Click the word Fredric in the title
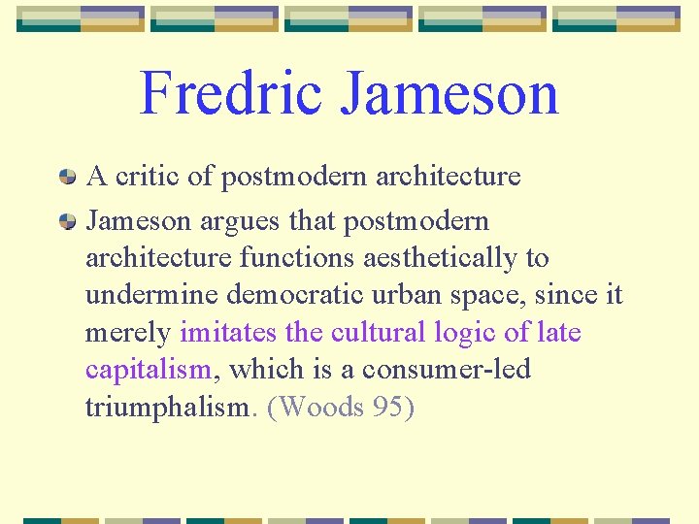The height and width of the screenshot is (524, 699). coord(230,93)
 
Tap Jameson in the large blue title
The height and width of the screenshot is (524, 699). coord(449,93)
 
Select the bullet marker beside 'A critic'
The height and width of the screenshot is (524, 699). coord(68,178)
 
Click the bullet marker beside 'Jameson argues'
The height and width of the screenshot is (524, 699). coord(68,222)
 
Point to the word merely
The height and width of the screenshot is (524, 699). coord(128,333)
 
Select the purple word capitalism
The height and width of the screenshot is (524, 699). coord(148,371)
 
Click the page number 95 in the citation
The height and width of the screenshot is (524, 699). coord(387,408)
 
